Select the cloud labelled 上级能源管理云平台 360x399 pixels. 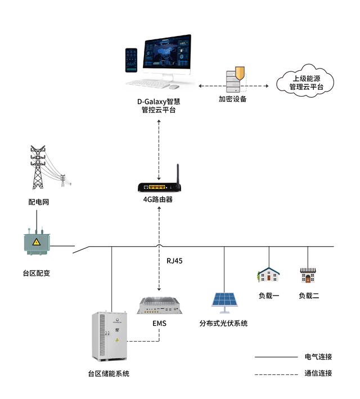coord(305,83)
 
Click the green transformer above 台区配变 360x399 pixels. coord(35,243)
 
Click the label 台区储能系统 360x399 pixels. coord(108,373)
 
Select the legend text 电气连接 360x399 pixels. coord(318,356)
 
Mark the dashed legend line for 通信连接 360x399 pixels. coord(276,374)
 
